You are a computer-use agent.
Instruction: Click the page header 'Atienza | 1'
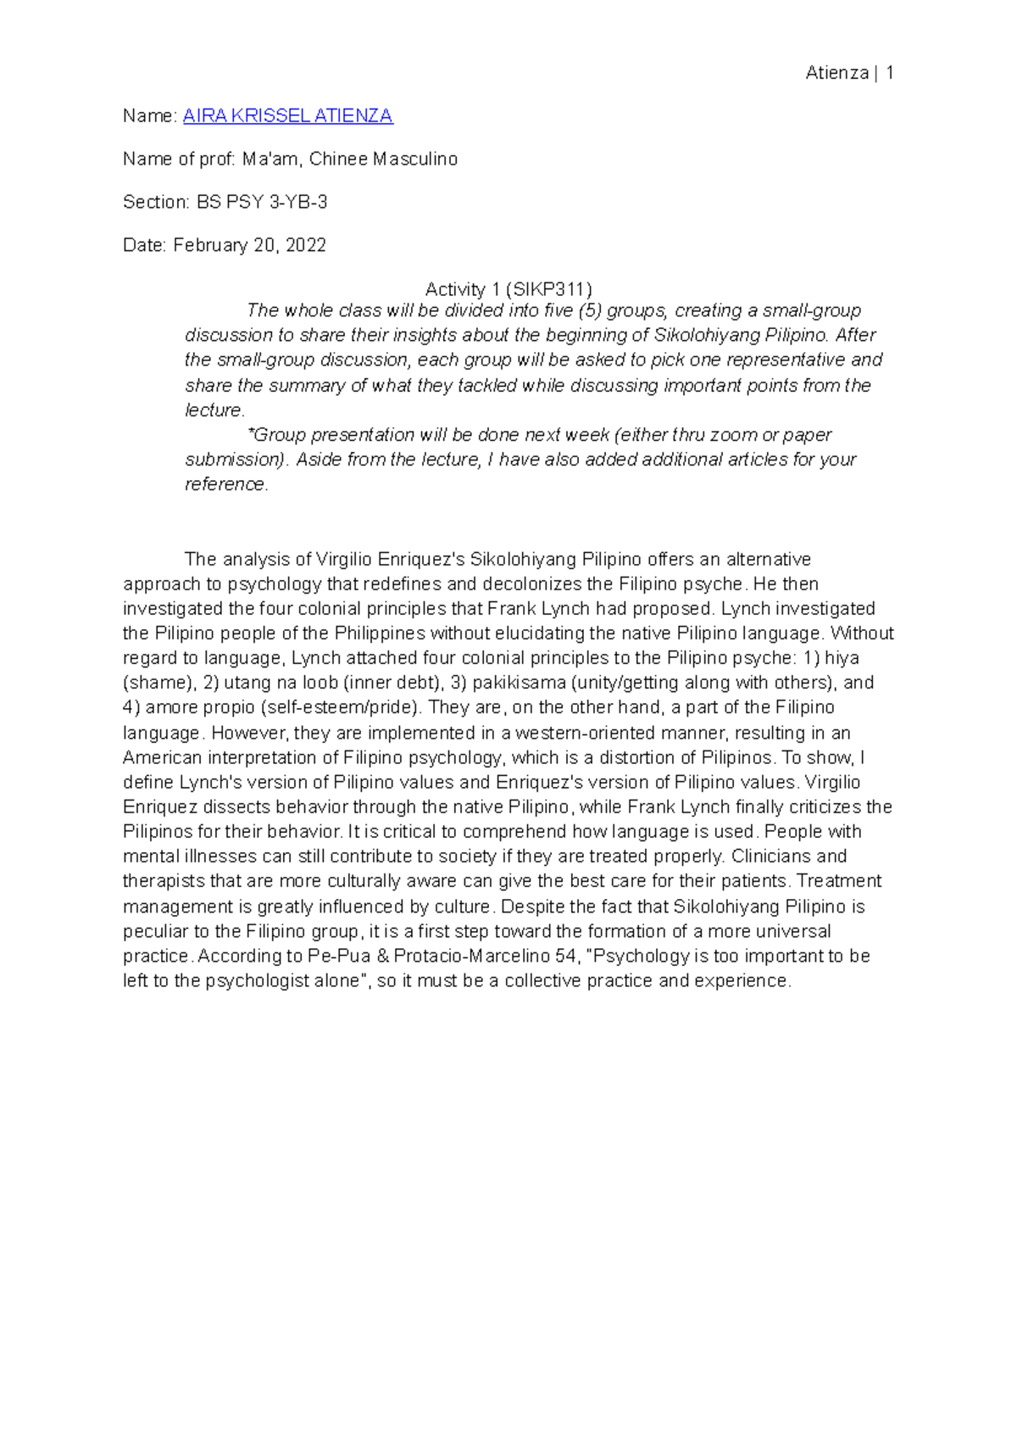click(x=849, y=73)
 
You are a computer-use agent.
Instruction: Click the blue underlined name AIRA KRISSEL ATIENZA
click(x=287, y=116)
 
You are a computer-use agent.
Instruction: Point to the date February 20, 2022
click(x=249, y=246)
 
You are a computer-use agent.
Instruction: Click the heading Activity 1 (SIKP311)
click(x=508, y=289)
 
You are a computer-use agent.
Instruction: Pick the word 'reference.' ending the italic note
click(x=226, y=484)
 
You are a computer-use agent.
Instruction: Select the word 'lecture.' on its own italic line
click(x=214, y=410)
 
